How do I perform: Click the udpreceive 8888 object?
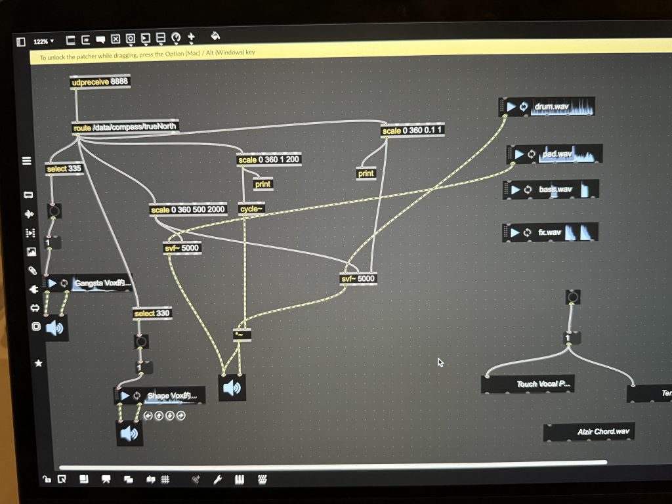[x=100, y=82]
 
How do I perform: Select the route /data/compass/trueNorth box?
[x=125, y=127]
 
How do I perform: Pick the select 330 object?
[x=152, y=314]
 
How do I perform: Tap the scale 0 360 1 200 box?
[x=270, y=160]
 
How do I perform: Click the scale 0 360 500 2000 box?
[x=188, y=210]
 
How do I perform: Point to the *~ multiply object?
[x=242, y=335]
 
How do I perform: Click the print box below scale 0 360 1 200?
[x=262, y=184]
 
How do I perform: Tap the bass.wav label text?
[x=555, y=190]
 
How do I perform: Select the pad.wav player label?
[x=553, y=156]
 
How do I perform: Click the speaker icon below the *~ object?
[x=232, y=388]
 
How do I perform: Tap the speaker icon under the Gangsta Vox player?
[x=55, y=328]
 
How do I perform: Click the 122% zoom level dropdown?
[x=44, y=41]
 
